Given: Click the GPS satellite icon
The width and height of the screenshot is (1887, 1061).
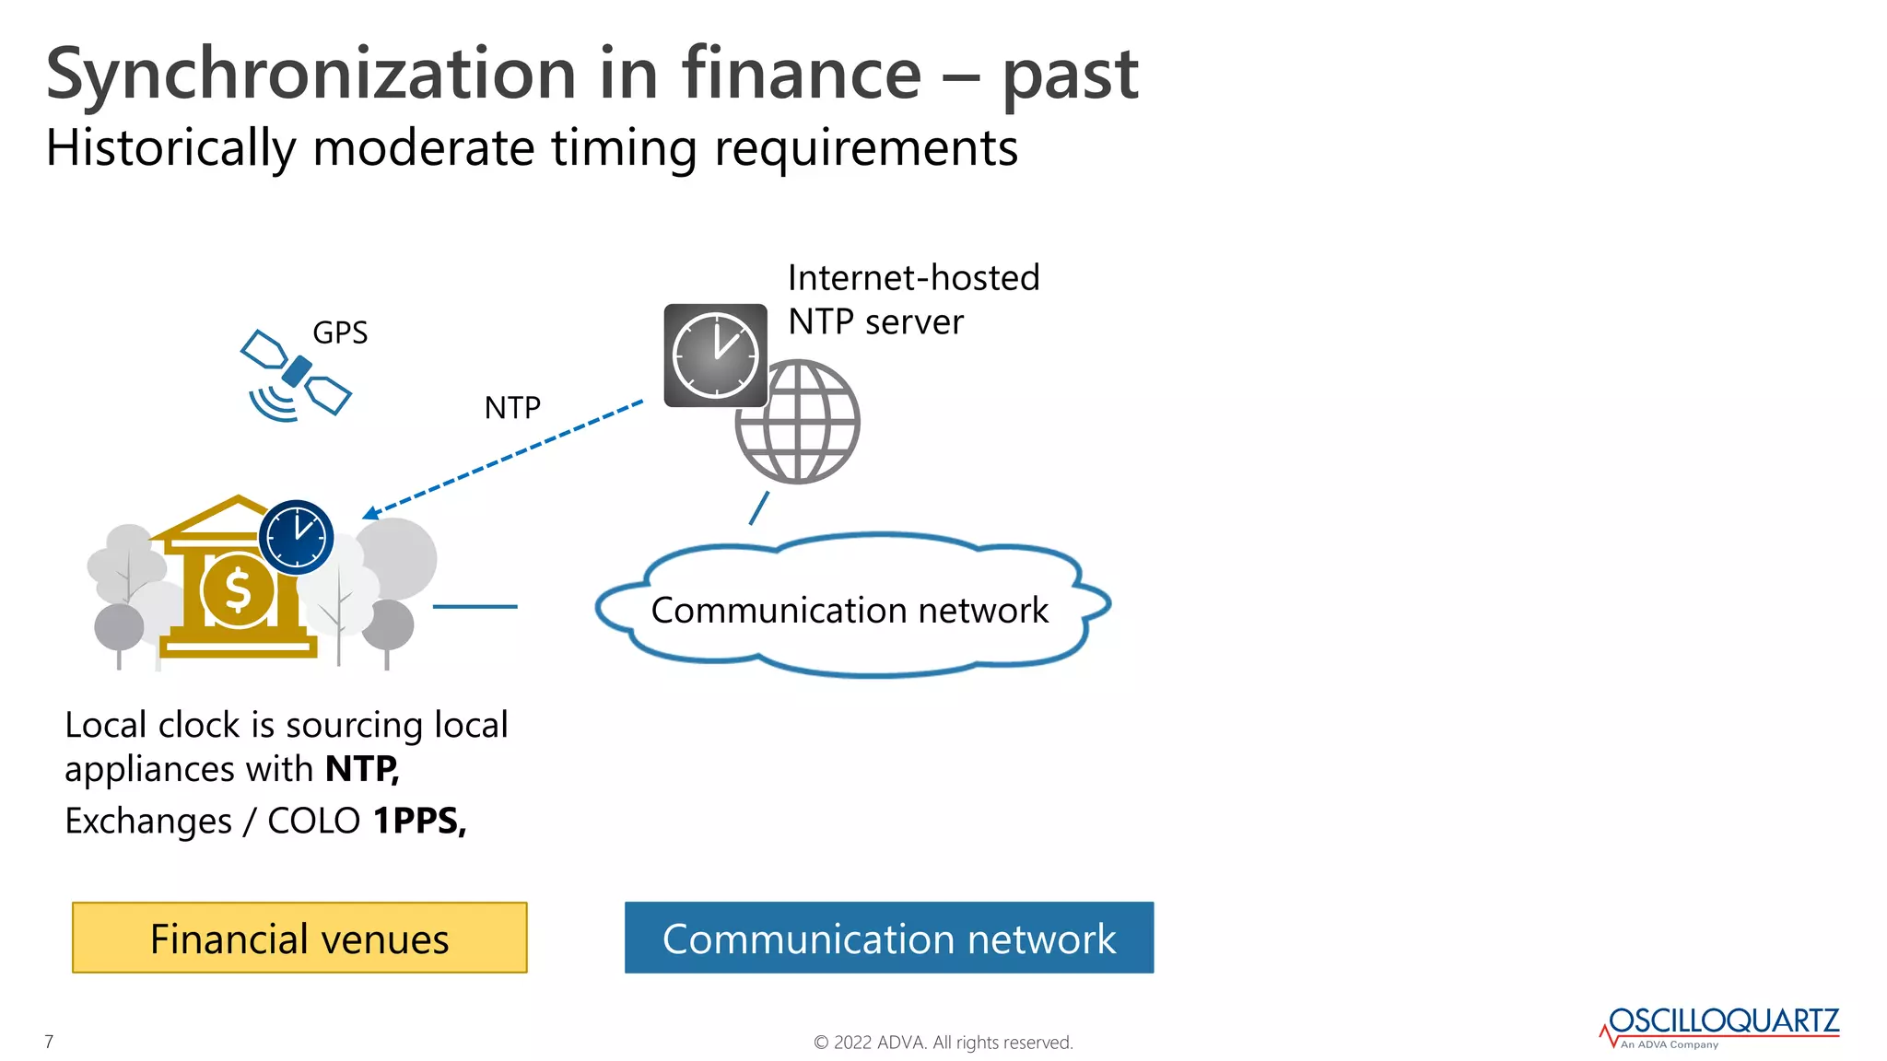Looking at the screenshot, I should pos(296,373).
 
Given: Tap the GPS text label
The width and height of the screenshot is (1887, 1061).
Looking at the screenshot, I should pos(340,332).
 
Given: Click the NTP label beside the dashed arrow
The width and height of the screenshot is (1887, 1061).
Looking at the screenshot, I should pos(512,408).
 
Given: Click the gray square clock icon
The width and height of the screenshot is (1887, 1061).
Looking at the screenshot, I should pos(715,356).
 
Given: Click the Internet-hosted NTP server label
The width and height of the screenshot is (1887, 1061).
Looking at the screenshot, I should pos(912,299).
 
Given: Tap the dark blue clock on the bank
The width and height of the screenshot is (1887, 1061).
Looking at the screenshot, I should pos(296,537).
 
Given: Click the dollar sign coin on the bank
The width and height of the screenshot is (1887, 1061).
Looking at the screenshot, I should pos(238,589).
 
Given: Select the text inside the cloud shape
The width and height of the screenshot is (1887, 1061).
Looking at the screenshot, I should pos(850,611).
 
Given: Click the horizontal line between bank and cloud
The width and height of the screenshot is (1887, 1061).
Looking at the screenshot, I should pos(475,607).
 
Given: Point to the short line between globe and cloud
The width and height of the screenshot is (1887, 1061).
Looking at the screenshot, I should pos(759,508).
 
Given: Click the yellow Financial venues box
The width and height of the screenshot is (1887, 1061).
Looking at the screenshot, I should pos(299,938).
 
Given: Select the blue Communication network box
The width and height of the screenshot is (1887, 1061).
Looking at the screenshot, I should pos(888,938).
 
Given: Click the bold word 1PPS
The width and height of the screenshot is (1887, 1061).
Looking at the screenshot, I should pos(418,821).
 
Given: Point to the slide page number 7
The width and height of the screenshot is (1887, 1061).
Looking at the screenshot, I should pos(49,1042).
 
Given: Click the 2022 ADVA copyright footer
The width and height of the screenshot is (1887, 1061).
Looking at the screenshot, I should pos(943,1043).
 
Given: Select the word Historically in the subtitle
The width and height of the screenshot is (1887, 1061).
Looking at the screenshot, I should pos(170,148).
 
